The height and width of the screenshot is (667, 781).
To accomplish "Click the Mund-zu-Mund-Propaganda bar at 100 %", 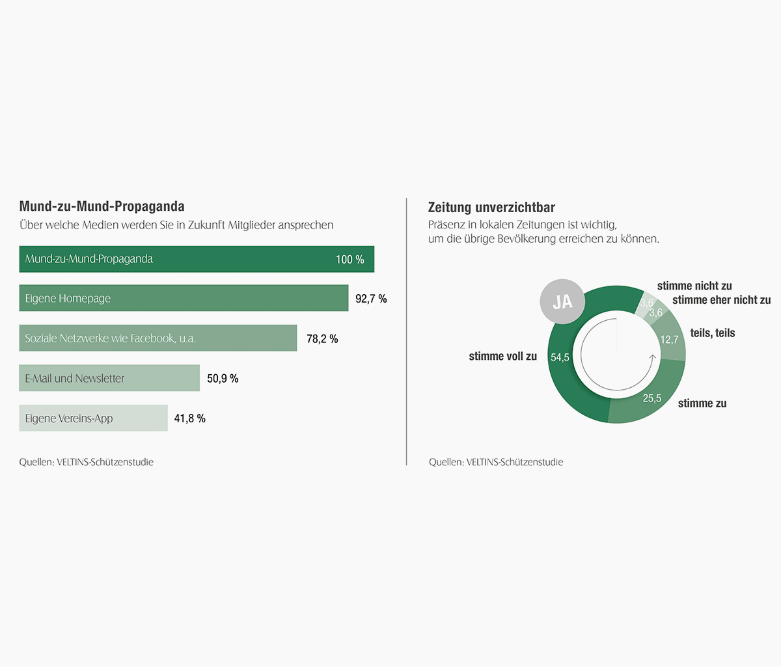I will (197, 259).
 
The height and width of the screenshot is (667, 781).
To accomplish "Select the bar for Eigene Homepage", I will (184, 298).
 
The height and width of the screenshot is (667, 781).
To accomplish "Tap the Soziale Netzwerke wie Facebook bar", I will (158, 338).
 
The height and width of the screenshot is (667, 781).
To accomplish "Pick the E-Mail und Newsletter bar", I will (109, 378).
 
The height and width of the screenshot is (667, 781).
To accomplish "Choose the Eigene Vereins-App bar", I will (93, 418).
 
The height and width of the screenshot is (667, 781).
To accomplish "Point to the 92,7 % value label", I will (371, 299).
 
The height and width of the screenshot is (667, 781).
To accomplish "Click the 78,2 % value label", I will (322, 339).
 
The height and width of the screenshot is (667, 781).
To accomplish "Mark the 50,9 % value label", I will (223, 379).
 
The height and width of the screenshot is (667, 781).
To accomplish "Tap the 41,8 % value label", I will (189, 418).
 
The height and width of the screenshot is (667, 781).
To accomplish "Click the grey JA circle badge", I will (562, 302).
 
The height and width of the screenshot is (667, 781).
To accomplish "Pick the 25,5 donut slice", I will (651, 398).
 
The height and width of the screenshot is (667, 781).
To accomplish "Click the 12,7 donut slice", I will (670, 340).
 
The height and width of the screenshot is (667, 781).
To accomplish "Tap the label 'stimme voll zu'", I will (502, 356).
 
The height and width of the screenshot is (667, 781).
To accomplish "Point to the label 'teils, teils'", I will (712, 333).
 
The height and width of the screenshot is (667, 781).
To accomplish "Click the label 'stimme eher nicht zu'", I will (721, 300).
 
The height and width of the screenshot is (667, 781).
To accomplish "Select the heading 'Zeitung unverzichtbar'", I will (491, 208).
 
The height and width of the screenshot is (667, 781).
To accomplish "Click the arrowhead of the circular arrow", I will (653, 357).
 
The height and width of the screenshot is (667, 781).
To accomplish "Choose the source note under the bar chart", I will (87, 462).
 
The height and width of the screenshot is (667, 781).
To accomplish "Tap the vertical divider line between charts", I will (407, 332).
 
